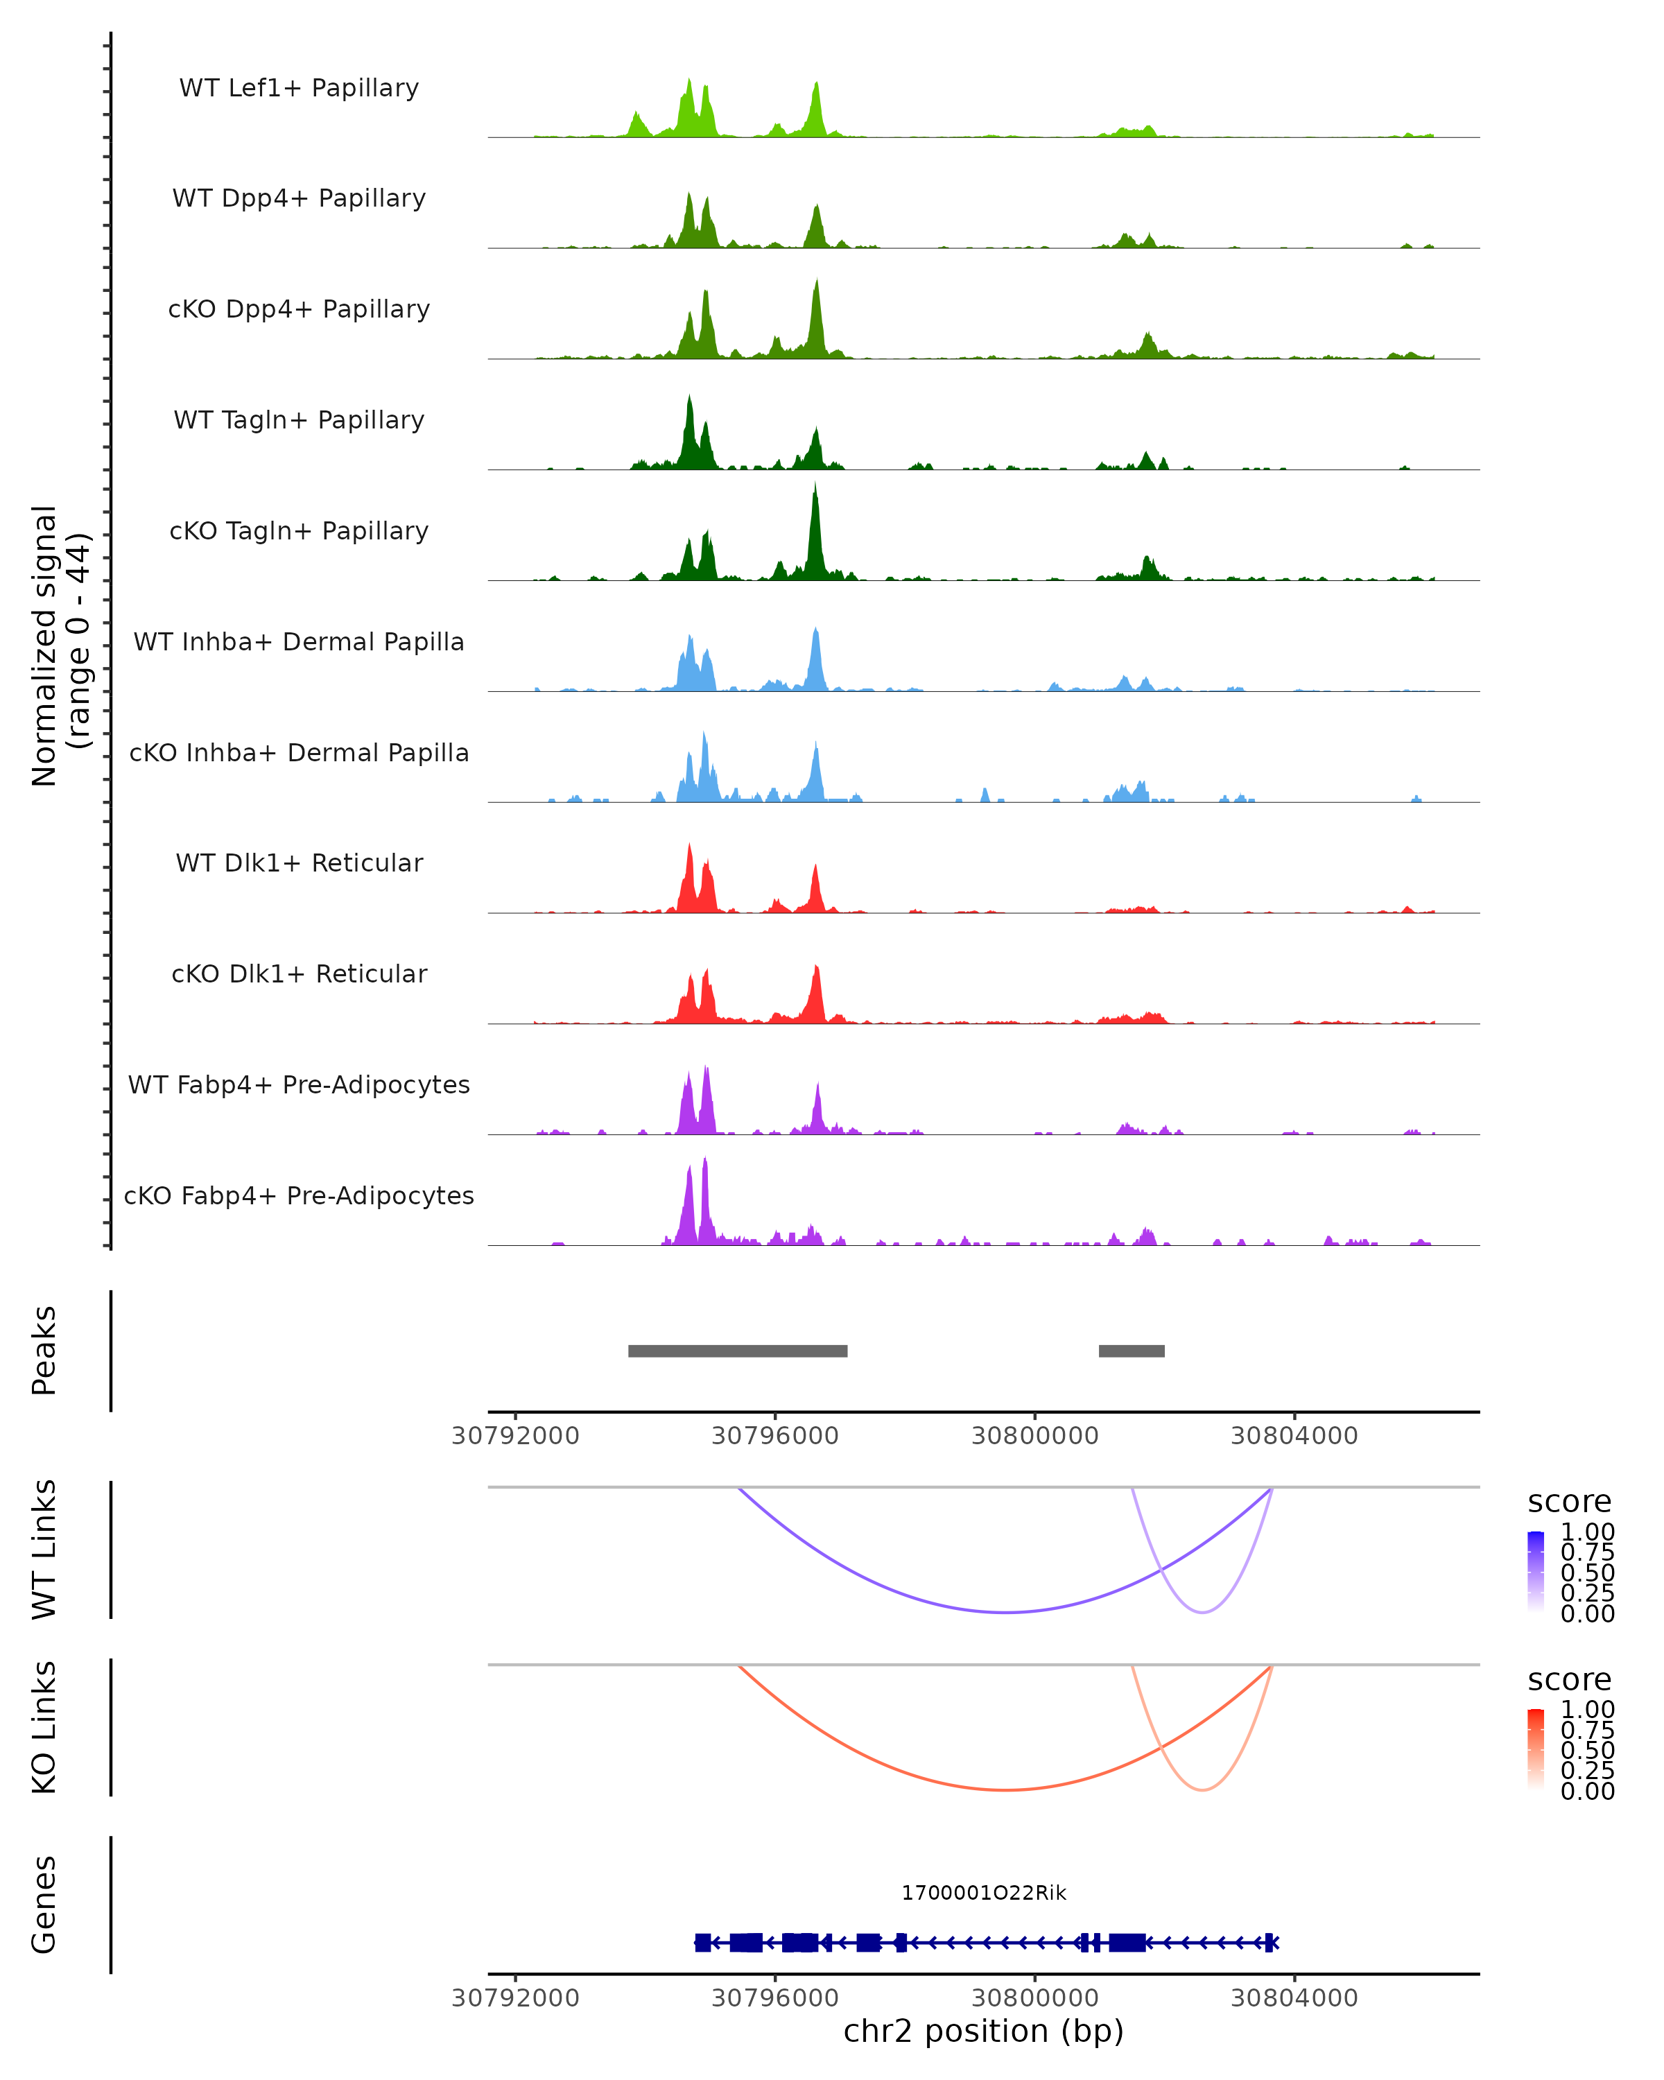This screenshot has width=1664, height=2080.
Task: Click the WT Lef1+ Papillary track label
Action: [299, 88]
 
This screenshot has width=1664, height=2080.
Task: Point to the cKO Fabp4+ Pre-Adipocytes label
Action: [299, 1195]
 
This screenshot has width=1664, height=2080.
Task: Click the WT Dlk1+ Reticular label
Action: [299, 863]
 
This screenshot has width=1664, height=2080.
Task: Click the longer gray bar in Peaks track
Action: [738, 1351]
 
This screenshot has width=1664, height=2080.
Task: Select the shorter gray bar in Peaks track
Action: [1132, 1351]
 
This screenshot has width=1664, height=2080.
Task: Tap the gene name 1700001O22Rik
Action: [984, 1893]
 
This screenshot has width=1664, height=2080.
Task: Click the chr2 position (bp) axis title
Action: [984, 2031]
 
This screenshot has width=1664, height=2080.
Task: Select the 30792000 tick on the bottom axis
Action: [515, 1998]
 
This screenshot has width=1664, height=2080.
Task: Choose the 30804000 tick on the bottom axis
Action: [1294, 1998]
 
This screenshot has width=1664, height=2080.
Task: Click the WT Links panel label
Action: [44, 1550]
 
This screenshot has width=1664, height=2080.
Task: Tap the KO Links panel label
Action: [44, 1728]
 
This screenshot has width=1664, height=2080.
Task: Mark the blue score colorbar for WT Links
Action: [1536, 1572]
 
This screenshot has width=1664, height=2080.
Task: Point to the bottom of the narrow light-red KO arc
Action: [1203, 1791]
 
